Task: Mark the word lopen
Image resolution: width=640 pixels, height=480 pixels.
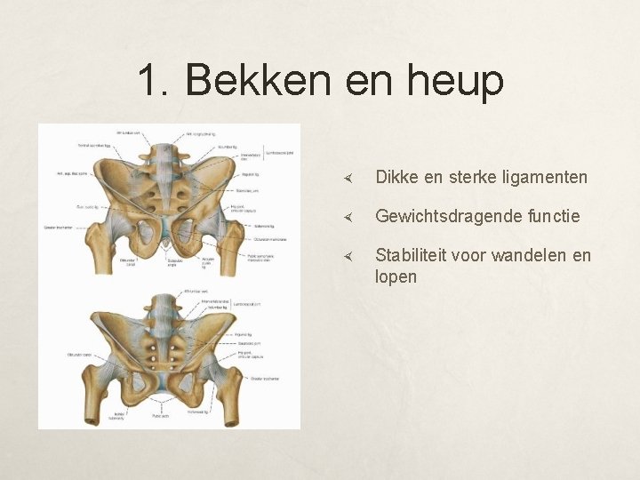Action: [x=396, y=276]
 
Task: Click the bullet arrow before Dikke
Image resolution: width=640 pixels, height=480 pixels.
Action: [x=351, y=179]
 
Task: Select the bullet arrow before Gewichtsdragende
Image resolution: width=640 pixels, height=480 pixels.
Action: [x=351, y=217]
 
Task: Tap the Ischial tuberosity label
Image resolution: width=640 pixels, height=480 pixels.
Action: [x=119, y=416]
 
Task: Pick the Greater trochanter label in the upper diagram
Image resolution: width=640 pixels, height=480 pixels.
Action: [x=58, y=228]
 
